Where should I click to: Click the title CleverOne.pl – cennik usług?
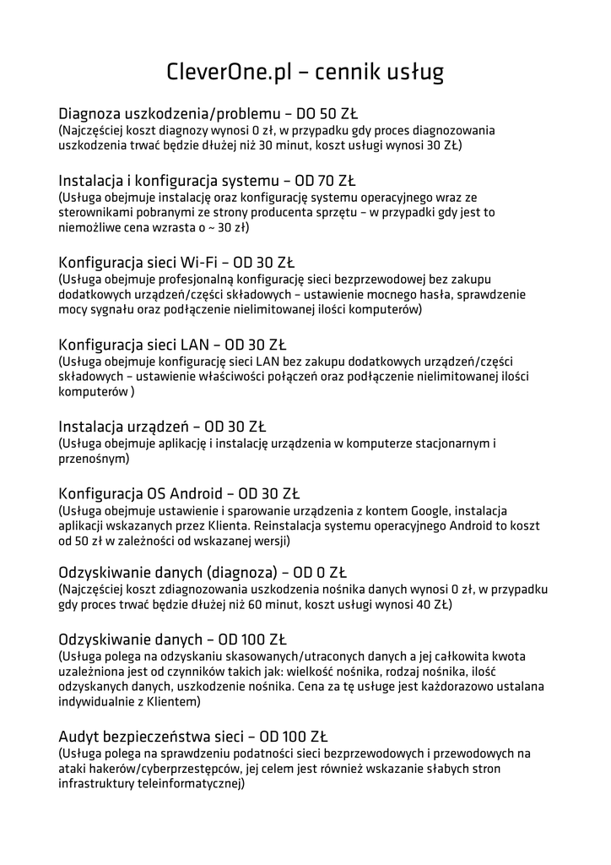tap(305, 72)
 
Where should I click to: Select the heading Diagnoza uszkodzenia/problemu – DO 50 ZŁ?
tap(208, 114)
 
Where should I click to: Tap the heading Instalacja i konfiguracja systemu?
tap(168, 181)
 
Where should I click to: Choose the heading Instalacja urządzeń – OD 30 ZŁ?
tap(162, 427)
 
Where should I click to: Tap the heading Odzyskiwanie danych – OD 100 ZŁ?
tap(178, 639)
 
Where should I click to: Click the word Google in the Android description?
tap(432, 510)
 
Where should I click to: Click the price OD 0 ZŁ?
tap(305, 573)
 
